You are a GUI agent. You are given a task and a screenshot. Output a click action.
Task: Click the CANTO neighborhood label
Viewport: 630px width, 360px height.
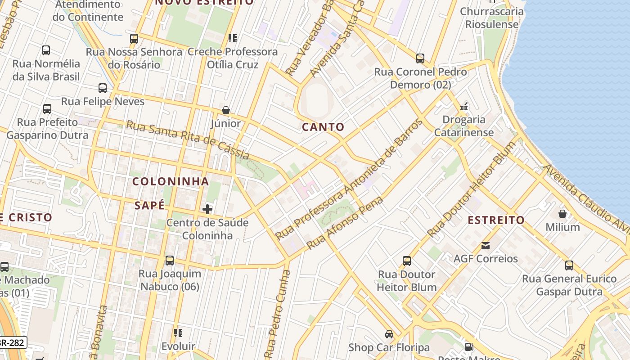tap(323, 127)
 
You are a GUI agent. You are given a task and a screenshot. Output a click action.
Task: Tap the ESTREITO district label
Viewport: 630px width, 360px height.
tap(496, 220)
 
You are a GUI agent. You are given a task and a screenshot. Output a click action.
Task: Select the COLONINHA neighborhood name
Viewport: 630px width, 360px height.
tap(171, 181)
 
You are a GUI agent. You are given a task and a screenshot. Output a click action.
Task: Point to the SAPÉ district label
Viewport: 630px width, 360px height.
tap(150, 206)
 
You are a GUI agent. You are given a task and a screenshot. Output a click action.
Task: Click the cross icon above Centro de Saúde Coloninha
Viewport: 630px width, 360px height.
tap(207, 209)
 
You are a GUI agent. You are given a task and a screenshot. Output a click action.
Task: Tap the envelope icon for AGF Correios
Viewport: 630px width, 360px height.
tap(486, 246)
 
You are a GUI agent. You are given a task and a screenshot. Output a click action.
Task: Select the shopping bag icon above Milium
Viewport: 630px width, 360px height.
tap(562, 214)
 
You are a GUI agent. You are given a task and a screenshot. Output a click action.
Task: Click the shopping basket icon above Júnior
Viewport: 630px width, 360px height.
tap(226, 110)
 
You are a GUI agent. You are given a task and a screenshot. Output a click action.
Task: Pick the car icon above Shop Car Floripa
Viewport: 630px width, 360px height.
tap(389, 334)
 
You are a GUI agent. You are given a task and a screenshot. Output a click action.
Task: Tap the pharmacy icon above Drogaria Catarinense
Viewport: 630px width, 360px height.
tap(464, 107)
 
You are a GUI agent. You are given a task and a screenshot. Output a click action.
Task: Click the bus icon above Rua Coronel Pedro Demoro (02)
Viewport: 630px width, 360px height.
tap(420, 58)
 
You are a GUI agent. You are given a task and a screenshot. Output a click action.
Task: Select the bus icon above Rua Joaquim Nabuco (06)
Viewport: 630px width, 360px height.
tap(170, 261)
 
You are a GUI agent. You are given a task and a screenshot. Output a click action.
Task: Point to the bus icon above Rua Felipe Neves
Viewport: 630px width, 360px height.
tap(103, 88)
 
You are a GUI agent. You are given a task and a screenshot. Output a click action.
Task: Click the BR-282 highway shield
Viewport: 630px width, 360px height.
tap(13, 343)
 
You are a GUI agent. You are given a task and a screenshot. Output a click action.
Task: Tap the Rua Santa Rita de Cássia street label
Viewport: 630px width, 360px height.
tap(188, 140)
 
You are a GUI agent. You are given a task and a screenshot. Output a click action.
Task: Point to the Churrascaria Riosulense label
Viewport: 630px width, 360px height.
tap(492, 18)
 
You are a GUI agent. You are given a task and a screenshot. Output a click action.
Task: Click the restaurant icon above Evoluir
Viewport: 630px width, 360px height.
tap(178, 333)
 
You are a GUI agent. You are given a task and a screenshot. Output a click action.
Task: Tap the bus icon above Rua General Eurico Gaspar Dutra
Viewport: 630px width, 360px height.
tap(569, 265)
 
